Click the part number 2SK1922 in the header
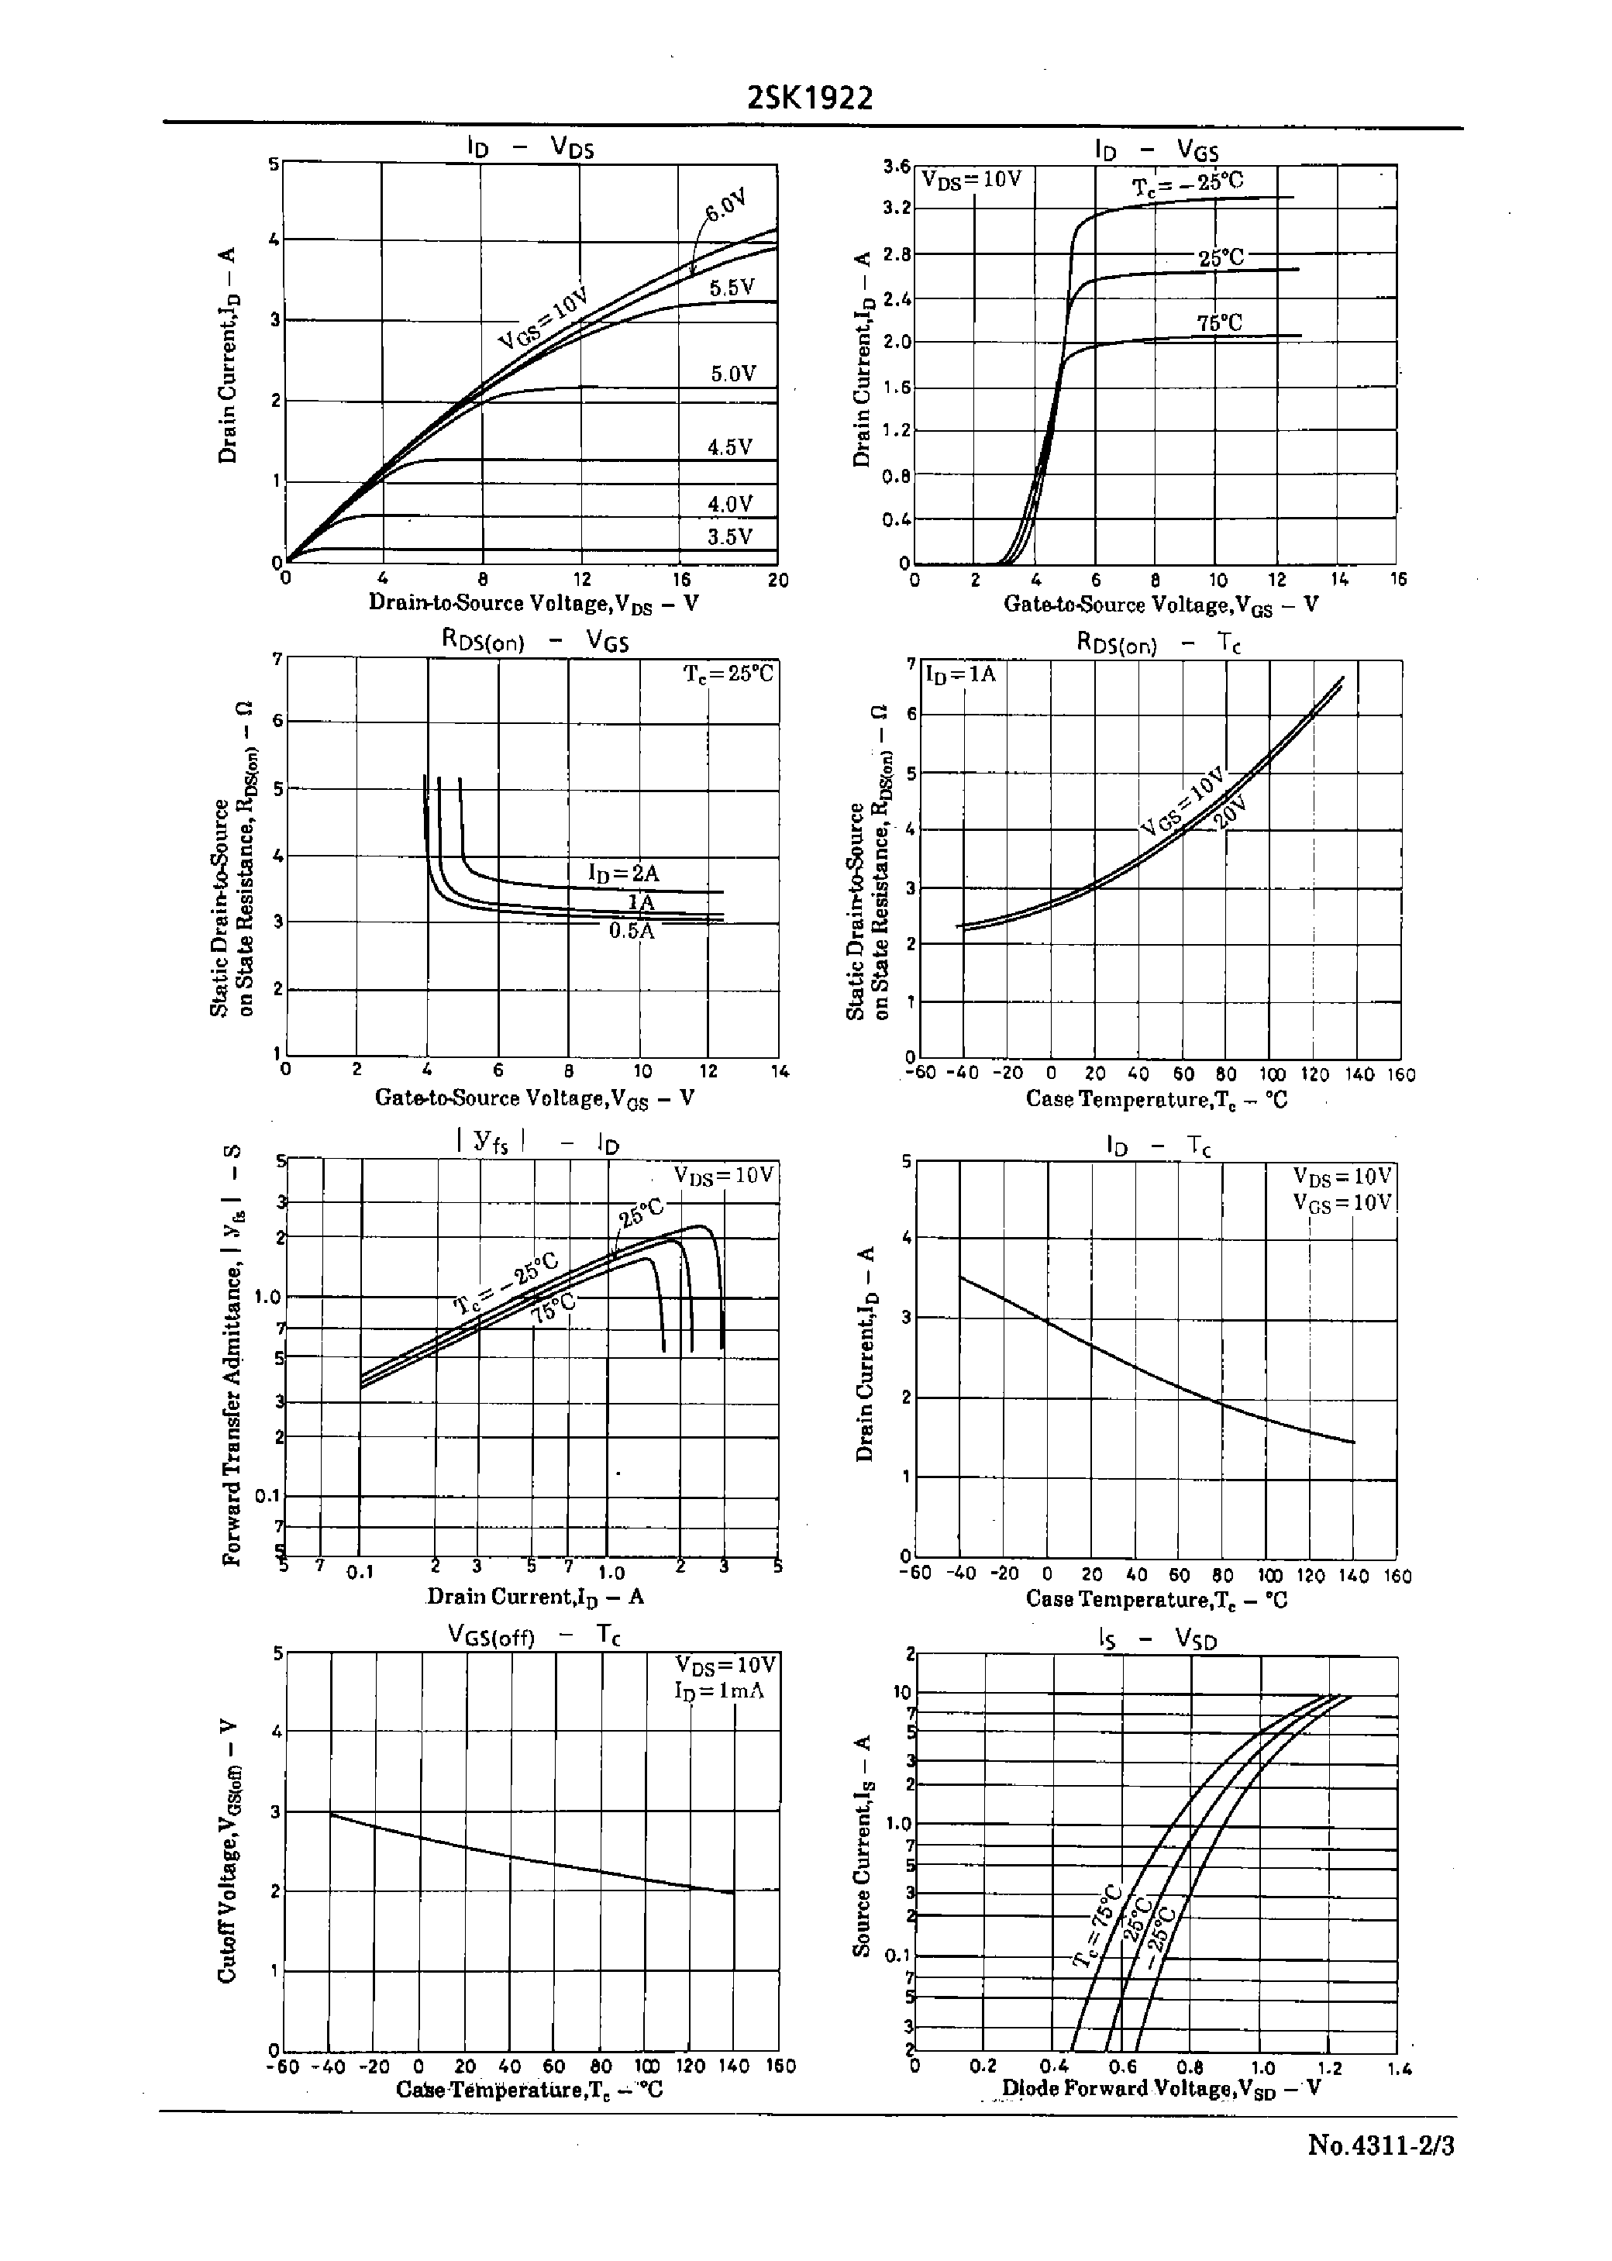point(810,98)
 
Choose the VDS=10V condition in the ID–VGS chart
point(972,180)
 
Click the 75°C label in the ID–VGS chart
point(1219,322)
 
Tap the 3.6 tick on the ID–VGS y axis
point(897,166)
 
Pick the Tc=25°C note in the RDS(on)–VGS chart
point(728,674)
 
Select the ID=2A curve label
point(623,874)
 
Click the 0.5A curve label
point(632,931)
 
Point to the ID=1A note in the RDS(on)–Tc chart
point(960,674)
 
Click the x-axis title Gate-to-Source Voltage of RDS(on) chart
point(534,1098)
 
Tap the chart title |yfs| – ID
point(536,1143)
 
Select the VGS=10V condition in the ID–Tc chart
point(1342,1202)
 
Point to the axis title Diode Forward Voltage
point(1160,2087)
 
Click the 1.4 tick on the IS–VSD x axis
point(1400,2069)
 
